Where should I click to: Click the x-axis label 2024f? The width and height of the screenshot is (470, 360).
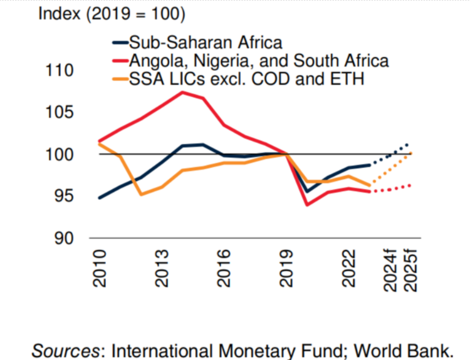(390, 270)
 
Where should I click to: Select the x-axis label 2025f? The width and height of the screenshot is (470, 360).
(410, 270)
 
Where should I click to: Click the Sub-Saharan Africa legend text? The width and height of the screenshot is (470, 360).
(205, 43)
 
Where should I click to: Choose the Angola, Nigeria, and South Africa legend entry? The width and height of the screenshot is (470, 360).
(258, 61)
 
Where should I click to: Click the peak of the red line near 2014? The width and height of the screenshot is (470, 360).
(182, 93)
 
